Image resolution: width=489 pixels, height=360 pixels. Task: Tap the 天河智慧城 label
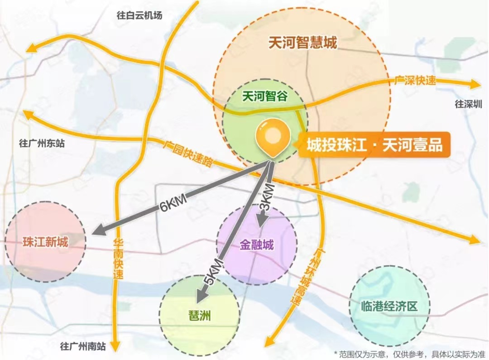pos(302,43)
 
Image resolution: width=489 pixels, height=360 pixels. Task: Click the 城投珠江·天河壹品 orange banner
pos(374,145)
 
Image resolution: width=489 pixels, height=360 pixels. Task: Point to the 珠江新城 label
pos(45,242)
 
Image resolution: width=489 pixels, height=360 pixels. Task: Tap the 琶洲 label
pos(199,315)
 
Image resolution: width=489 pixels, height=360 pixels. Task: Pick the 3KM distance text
pos(268,195)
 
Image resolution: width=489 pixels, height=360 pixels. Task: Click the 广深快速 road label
pos(415,81)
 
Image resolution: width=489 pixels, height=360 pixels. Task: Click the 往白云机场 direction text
pos(139,15)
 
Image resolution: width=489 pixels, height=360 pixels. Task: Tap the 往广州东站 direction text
pos(42,144)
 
